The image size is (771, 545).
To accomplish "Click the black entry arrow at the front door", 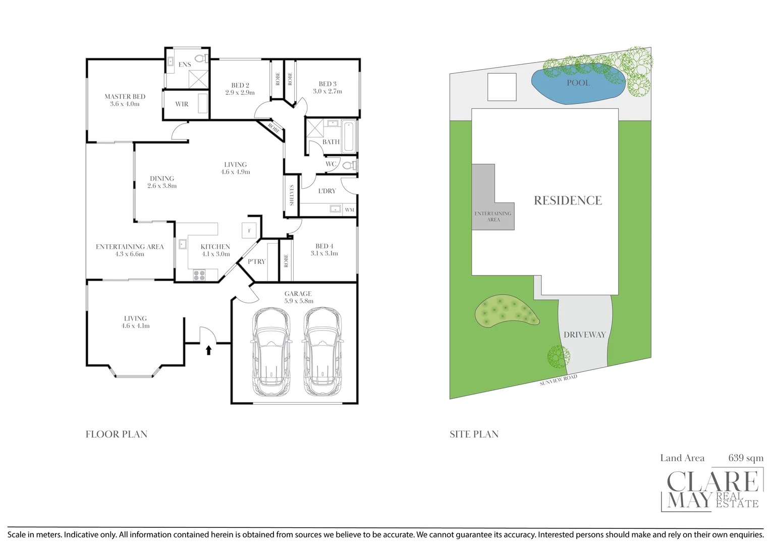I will tap(208, 350).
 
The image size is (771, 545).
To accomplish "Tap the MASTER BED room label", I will tap(125, 96).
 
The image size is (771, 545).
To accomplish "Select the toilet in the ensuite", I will tap(200, 59).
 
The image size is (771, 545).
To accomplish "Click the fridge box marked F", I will tap(249, 231).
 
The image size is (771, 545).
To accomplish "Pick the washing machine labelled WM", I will tap(349, 209).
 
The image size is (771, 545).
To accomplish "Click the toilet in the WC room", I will tap(348, 165).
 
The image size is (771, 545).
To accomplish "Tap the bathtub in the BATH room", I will tap(348, 136).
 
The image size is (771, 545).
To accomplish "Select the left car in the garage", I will tap(271, 352).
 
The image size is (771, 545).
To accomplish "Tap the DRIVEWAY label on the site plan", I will tap(584, 335).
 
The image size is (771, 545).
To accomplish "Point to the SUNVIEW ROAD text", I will tap(558, 380).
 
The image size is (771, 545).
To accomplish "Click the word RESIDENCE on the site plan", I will tap(568, 200).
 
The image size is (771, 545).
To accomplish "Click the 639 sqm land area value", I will tap(745, 458).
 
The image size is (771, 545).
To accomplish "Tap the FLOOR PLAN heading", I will tap(117, 434).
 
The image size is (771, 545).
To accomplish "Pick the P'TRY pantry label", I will tap(256, 261).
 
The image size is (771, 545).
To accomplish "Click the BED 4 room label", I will tap(324, 246).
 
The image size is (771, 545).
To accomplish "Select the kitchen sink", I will tap(182, 244).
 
